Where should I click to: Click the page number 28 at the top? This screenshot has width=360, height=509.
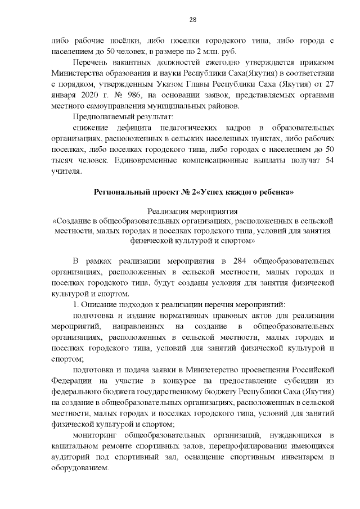pyautogui.click(x=192, y=20)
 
